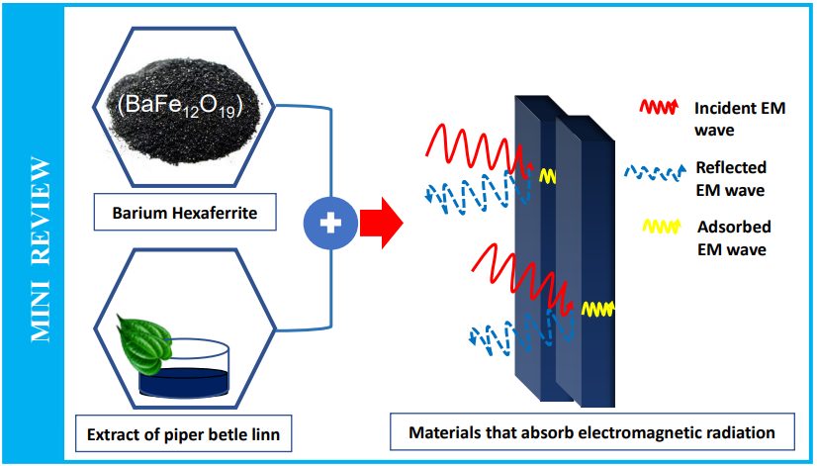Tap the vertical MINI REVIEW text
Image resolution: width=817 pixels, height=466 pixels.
click(42, 247)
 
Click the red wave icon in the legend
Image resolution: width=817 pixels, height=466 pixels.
click(659, 108)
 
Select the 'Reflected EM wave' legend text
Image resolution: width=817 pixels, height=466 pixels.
click(732, 179)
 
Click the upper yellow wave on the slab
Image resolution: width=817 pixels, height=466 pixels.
click(548, 176)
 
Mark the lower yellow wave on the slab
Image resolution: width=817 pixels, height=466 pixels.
click(596, 309)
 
